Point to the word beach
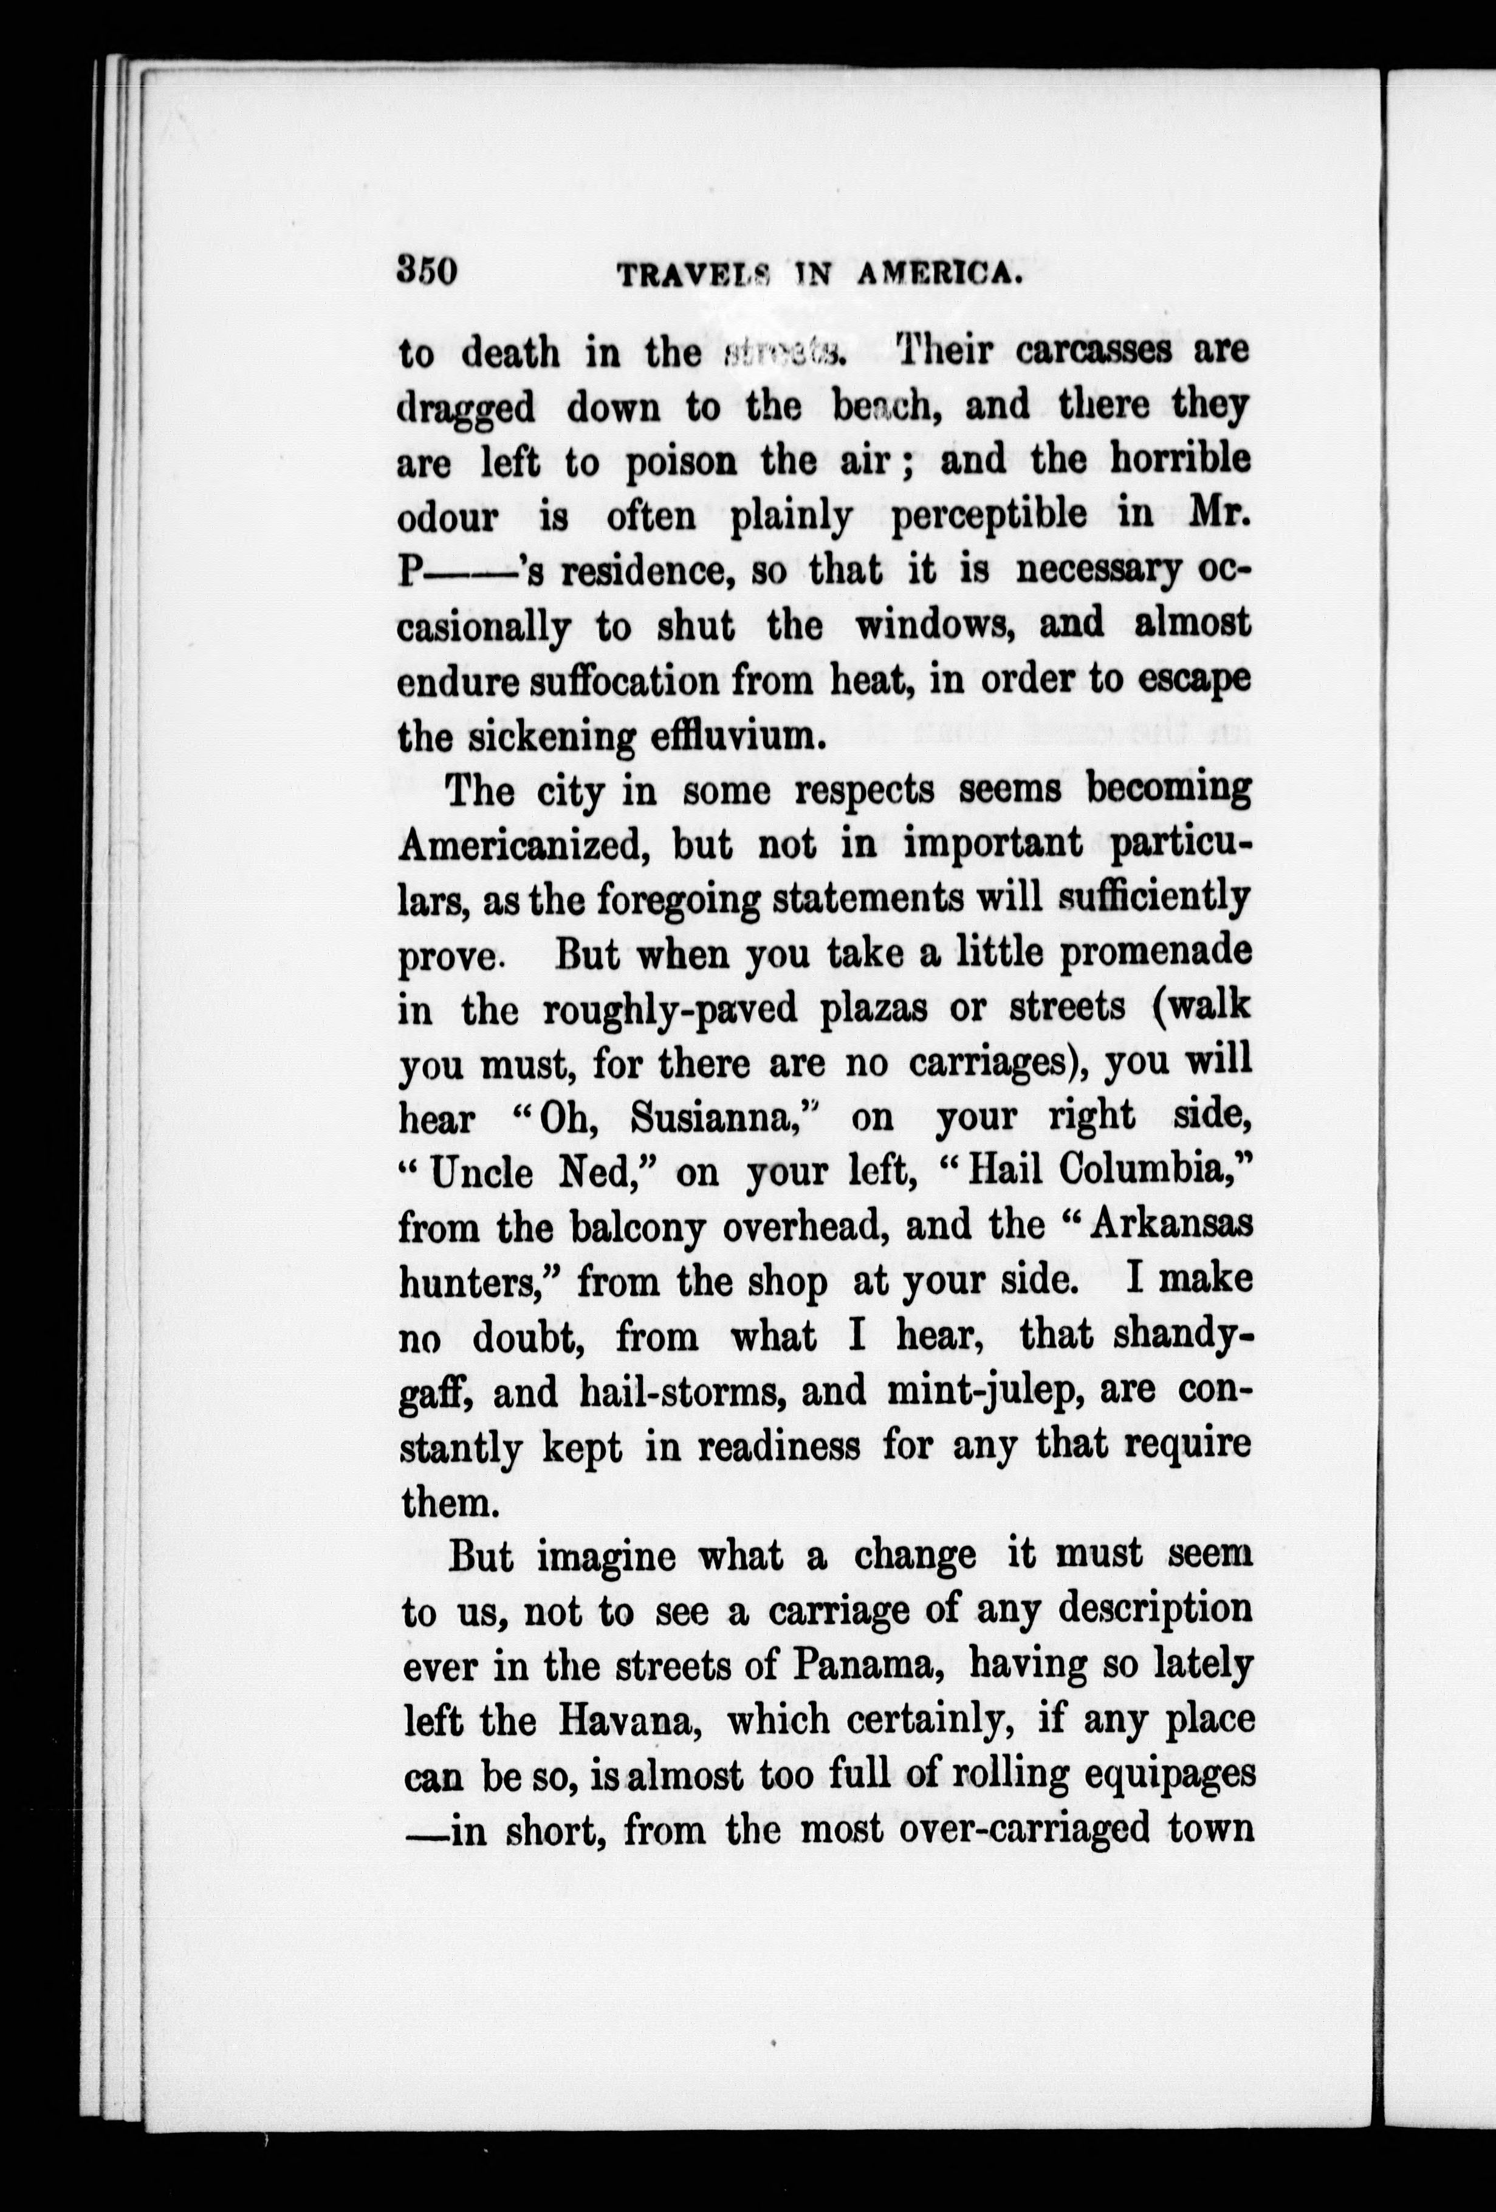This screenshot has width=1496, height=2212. (x=888, y=407)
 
